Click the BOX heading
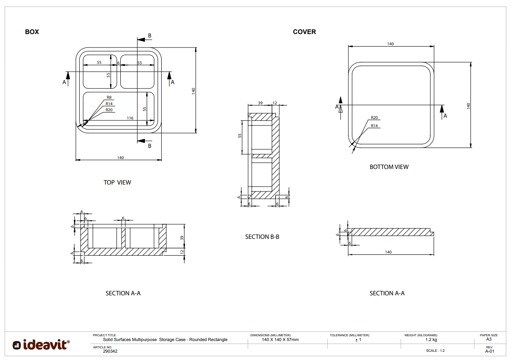pyautogui.click(x=32, y=32)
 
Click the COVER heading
pyautogui.click(x=304, y=32)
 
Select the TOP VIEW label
pyautogui.click(x=117, y=182)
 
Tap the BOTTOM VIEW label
pyautogui.click(x=389, y=167)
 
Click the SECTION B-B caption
pyautogui.click(x=262, y=237)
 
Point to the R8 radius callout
pyautogui.click(x=109, y=97)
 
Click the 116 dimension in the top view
pyautogui.click(x=130, y=118)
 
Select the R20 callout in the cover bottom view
pyautogui.click(x=374, y=118)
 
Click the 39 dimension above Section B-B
pyautogui.click(x=260, y=103)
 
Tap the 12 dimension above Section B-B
pyautogui.click(x=275, y=103)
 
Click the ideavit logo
pyautogui.click(x=41, y=345)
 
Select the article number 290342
pyautogui.click(x=110, y=351)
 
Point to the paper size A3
pyautogui.click(x=489, y=339)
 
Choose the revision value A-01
pyautogui.click(x=489, y=351)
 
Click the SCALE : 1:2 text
pyautogui.click(x=435, y=351)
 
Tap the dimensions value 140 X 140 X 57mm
pyautogui.click(x=280, y=340)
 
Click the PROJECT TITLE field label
pyautogui.click(x=104, y=335)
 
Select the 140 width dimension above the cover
pyautogui.click(x=390, y=44)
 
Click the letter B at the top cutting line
pyautogui.click(x=150, y=36)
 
